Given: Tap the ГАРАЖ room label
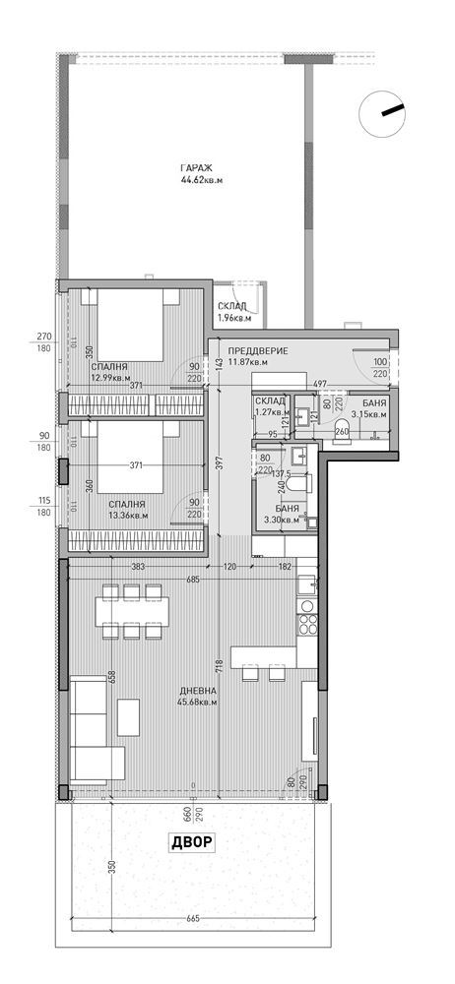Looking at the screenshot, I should pyautogui.click(x=194, y=166).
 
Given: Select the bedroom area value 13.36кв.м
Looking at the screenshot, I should pyautogui.click(x=128, y=514).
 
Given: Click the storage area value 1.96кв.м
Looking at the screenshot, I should pyautogui.click(x=234, y=318).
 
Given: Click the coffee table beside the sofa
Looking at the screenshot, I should pyautogui.click(x=128, y=716).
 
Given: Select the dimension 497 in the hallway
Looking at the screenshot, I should pyautogui.click(x=320, y=382).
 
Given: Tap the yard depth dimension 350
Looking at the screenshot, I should pyautogui.click(x=111, y=867).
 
